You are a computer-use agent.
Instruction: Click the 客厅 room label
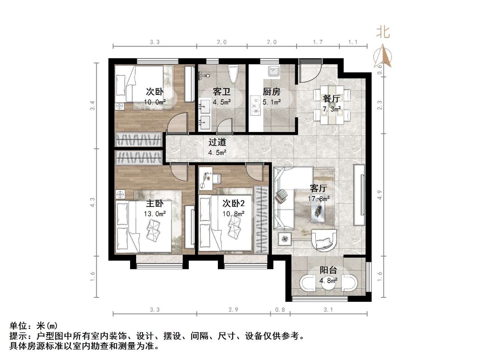click(x=318, y=188)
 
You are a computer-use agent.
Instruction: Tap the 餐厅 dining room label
click(x=331, y=99)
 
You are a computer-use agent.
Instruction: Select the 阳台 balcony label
click(x=328, y=270)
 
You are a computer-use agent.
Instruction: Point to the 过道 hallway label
click(x=217, y=142)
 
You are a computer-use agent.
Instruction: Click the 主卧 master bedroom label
click(x=155, y=204)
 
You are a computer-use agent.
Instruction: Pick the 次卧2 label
click(x=233, y=203)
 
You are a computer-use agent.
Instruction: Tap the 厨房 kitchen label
click(x=271, y=92)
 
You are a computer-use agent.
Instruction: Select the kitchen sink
click(x=272, y=71)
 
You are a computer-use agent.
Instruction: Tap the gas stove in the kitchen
click(x=256, y=105)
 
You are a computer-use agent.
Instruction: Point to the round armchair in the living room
click(x=322, y=240)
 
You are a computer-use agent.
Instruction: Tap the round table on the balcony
click(x=328, y=284)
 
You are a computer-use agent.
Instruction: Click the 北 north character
click(x=383, y=32)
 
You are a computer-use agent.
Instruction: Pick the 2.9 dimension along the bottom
click(x=233, y=310)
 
